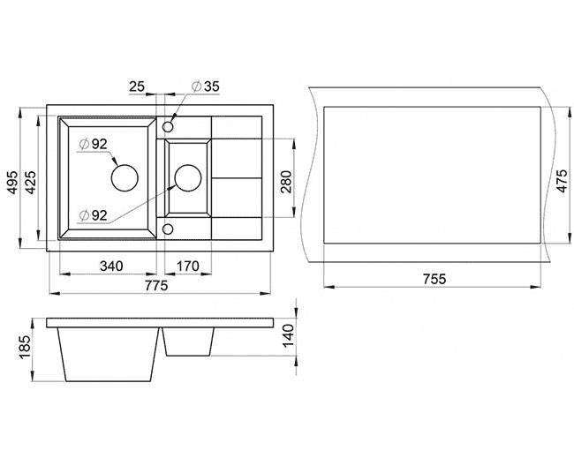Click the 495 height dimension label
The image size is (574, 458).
click(x=13, y=183)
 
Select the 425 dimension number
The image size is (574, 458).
click(x=31, y=183)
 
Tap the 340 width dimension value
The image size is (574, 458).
click(x=111, y=266)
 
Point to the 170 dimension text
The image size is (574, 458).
click(x=188, y=266)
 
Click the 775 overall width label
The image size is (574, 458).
click(x=156, y=285)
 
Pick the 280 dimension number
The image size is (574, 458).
click(x=285, y=182)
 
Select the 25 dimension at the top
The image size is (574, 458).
click(x=137, y=86)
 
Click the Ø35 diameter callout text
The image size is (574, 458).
click(x=206, y=86)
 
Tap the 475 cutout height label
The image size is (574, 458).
click(x=562, y=180)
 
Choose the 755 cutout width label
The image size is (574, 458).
click(x=434, y=279)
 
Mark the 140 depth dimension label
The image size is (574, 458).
click(x=289, y=335)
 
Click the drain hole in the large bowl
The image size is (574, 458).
click(x=125, y=177)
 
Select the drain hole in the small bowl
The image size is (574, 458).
click(x=188, y=177)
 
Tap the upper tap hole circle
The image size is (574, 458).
click(x=168, y=127)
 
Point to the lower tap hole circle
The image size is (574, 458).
click(x=168, y=229)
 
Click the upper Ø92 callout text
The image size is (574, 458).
click(x=94, y=144)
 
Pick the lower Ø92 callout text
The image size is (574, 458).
click(x=94, y=215)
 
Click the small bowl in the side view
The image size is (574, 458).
click(x=188, y=342)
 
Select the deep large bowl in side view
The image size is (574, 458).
click(x=109, y=355)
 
